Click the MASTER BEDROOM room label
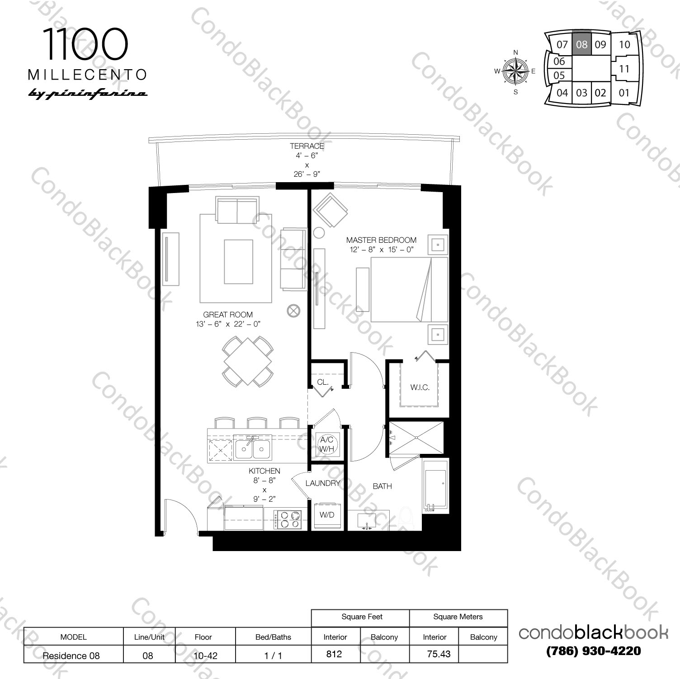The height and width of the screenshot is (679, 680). (x=381, y=240)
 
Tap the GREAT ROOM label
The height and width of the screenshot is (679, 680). (x=228, y=315)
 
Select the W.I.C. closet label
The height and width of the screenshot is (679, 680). (x=420, y=387)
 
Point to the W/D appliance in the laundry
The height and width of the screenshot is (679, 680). (x=326, y=515)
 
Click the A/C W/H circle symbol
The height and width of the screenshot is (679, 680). (x=326, y=444)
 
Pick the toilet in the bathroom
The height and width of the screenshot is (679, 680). (x=406, y=519)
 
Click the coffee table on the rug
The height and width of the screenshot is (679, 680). (x=238, y=262)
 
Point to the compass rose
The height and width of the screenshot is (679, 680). (x=516, y=71)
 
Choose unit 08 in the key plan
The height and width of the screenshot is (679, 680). (x=581, y=44)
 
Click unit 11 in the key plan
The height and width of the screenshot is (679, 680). (x=624, y=69)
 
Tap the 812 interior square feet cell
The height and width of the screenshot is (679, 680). (x=335, y=654)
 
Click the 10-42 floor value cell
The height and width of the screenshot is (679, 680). (x=205, y=655)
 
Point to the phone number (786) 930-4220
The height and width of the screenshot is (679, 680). (x=593, y=651)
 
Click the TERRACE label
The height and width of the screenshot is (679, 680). (x=307, y=146)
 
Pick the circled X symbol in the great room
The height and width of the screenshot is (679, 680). (x=293, y=311)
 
